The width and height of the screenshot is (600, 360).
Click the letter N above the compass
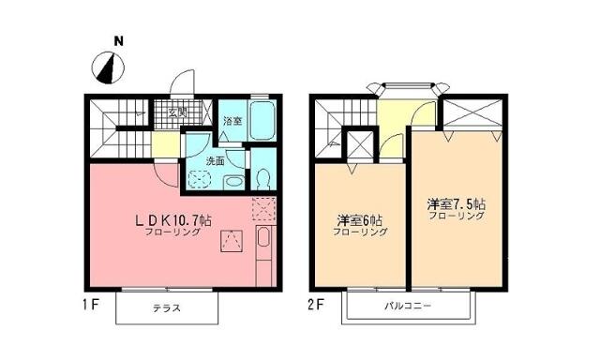[118, 41]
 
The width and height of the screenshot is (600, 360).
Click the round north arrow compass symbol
[110, 68]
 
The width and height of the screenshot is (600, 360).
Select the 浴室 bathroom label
[232, 121]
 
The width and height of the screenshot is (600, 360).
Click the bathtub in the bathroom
[262, 121]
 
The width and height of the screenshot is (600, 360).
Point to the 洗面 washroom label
[215, 160]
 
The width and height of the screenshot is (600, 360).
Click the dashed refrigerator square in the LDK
[264, 208]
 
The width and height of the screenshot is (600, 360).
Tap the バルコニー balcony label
[406, 307]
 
